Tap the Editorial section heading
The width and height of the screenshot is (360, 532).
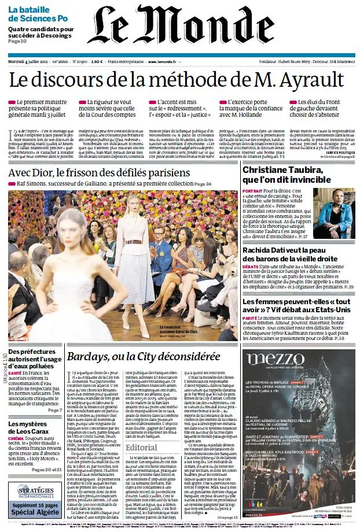coord(141,448)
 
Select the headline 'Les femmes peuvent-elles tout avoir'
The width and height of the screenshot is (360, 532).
coord(296,306)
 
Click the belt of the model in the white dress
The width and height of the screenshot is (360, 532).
coord(135,242)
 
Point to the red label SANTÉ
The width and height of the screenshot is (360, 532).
coord(16,373)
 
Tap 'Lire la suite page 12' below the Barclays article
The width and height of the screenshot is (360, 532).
coord(226,517)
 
